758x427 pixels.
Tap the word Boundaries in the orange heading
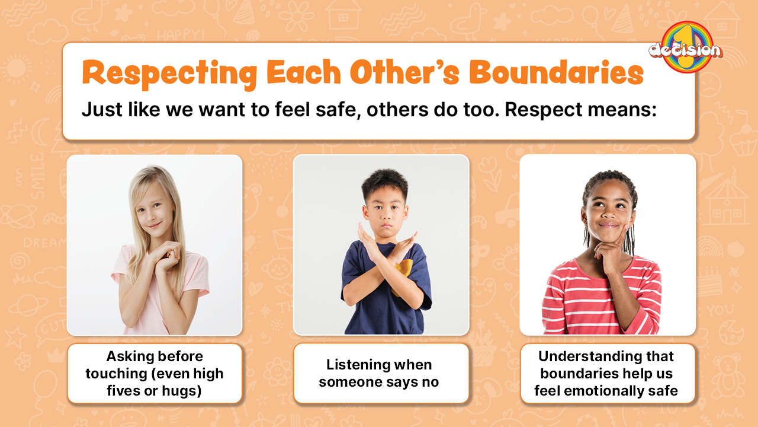pos(556,72)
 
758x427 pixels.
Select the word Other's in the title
pos(404,72)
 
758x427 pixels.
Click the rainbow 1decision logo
pos(686,47)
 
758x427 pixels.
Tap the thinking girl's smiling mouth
pos(608,224)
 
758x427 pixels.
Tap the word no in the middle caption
pos(430,383)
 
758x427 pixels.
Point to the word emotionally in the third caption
pos(603,391)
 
